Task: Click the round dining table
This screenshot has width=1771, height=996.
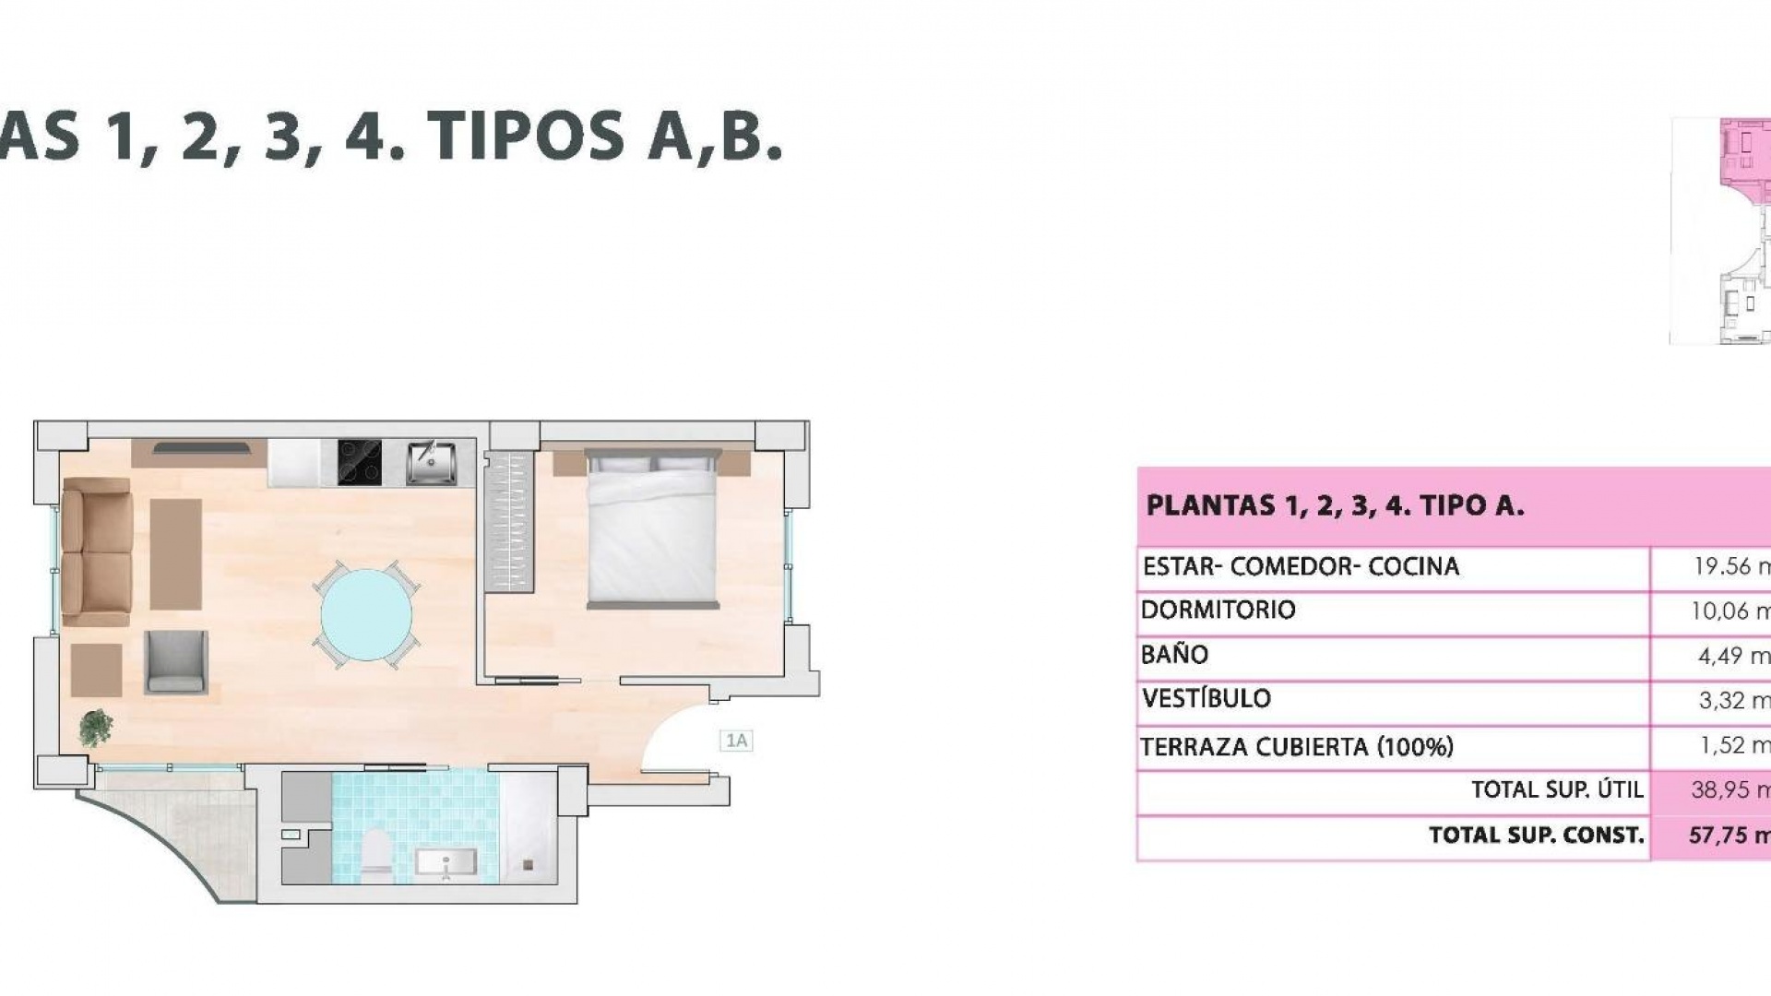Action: click(367, 613)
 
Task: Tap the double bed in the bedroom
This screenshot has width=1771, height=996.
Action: click(653, 530)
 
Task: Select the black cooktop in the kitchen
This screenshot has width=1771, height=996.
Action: click(360, 462)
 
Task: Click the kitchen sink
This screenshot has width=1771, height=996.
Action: click(431, 462)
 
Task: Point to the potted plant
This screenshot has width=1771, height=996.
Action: click(95, 727)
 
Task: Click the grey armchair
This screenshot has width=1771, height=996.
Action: click(175, 662)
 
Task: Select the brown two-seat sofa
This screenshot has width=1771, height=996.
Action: click(96, 551)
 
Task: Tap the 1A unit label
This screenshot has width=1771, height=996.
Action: click(736, 741)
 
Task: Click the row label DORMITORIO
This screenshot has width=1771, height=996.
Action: click(1218, 611)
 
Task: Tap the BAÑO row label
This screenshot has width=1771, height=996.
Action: click(1174, 655)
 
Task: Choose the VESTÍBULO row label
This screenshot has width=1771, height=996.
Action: click(1206, 699)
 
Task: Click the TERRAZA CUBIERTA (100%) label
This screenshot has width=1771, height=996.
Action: click(1296, 747)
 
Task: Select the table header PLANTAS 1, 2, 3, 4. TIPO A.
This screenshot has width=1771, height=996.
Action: click(1334, 505)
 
